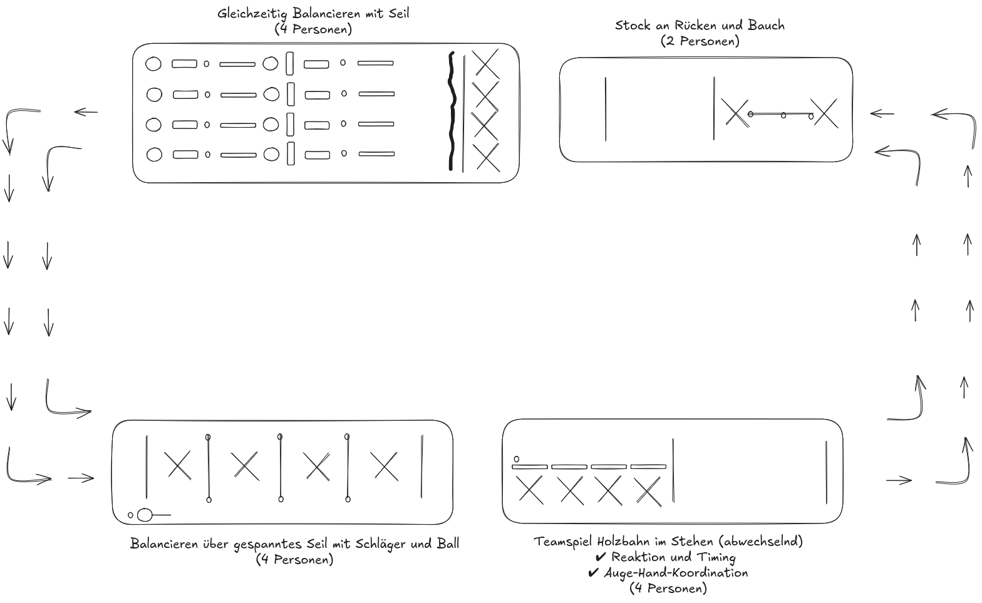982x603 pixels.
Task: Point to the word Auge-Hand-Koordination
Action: (676, 573)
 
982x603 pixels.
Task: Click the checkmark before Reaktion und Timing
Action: (601, 557)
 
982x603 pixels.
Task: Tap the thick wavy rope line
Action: (452, 113)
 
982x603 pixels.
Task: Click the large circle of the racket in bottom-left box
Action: (145, 515)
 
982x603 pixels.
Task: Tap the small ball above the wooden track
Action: (517, 459)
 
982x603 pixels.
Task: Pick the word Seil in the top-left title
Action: (398, 13)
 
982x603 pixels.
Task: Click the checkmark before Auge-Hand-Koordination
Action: (593, 573)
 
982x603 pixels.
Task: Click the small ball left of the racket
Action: (130, 515)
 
